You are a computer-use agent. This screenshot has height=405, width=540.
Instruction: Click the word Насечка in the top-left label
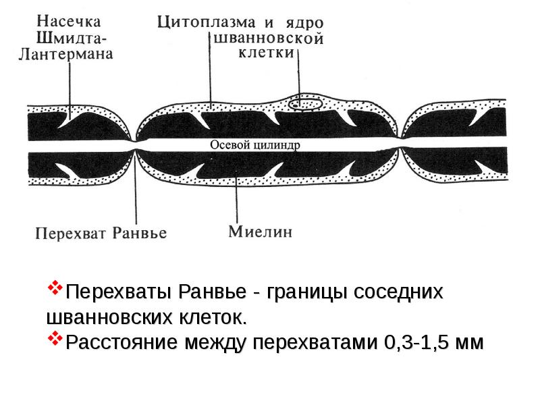click(x=69, y=22)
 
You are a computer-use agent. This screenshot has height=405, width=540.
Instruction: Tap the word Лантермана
click(x=65, y=55)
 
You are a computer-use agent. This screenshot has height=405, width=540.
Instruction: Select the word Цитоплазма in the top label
click(x=207, y=22)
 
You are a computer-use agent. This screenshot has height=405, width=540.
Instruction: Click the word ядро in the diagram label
click(x=305, y=24)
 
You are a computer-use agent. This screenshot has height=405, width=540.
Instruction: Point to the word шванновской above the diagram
click(x=269, y=38)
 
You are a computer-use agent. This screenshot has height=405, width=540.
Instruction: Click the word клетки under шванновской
click(x=267, y=53)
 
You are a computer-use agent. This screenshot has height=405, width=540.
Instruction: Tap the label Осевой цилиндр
click(x=255, y=144)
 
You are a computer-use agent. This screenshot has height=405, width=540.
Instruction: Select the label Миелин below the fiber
click(x=261, y=232)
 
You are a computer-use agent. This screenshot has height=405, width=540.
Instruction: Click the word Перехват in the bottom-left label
click(x=71, y=234)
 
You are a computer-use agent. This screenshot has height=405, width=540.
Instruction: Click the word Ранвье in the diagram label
click(x=140, y=233)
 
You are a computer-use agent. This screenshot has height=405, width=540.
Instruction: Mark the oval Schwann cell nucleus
click(x=305, y=104)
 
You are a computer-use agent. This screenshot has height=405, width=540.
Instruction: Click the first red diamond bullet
click(x=55, y=288)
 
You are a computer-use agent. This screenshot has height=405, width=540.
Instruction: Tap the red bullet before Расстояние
click(x=55, y=338)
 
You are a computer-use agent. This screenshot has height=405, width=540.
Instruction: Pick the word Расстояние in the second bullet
click(x=122, y=343)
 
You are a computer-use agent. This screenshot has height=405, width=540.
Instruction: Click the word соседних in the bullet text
click(x=398, y=293)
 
